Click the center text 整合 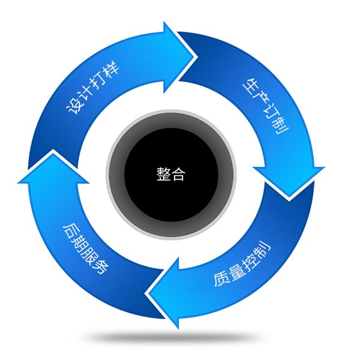click(171, 175)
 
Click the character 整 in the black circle click(163, 175)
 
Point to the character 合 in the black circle click(179, 175)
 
